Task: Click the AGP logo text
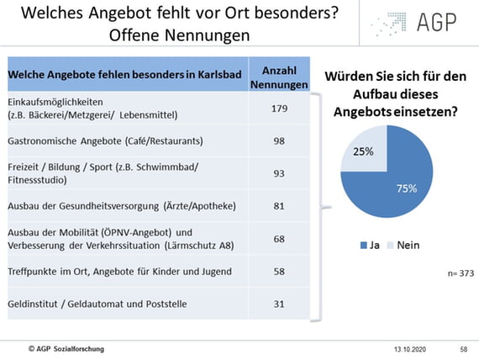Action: tap(436, 23)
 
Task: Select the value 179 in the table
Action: tap(279, 109)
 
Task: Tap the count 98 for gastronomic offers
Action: tap(279, 141)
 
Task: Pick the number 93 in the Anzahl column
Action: tap(279, 173)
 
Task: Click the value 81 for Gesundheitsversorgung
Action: tap(279, 206)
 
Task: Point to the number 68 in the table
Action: tap(279, 239)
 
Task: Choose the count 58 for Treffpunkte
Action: tap(279, 272)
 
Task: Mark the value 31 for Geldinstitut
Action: tap(279, 304)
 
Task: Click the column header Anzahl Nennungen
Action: tap(279, 77)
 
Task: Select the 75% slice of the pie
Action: tap(397, 189)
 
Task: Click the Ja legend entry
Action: tap(370, 246)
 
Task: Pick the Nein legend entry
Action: tap(403, 246)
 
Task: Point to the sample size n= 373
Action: tap(461, 273)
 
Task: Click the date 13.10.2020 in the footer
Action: tap(410, 349)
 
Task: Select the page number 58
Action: tap(464, 349)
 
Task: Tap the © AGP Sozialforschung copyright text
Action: tap(66, 349)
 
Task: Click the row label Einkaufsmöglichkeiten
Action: tap(55, 102)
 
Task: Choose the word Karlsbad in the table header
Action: tap(219, 74)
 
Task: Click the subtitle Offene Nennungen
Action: tap(180, 35)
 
